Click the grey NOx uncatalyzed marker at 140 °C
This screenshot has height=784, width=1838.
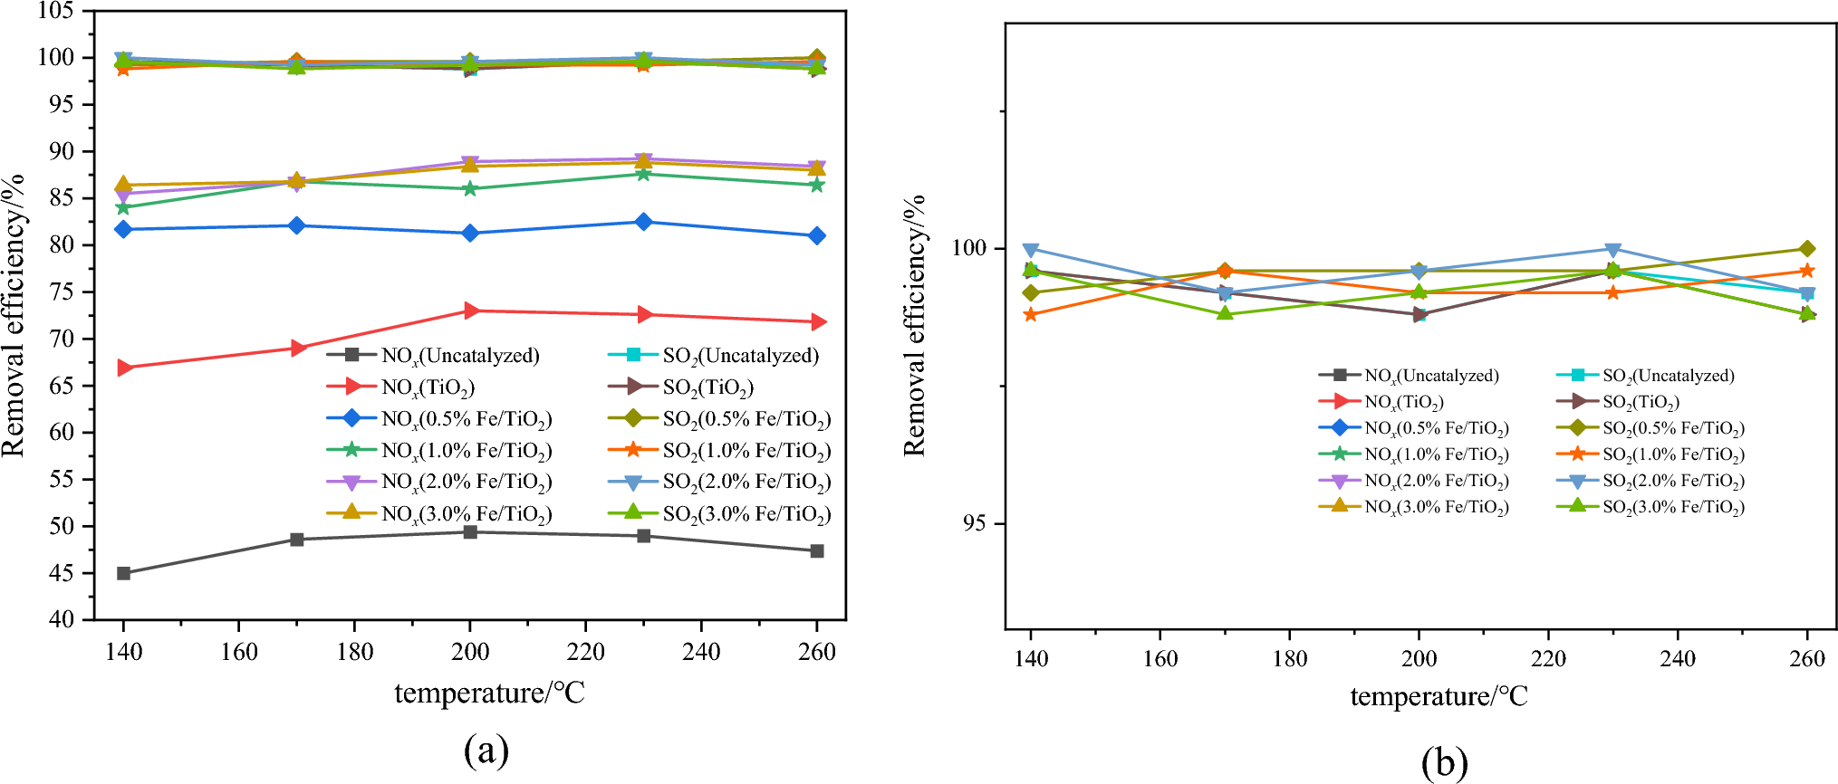[x=123, y=573]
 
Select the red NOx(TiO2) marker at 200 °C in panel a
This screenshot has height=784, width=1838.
[x=470, y=311]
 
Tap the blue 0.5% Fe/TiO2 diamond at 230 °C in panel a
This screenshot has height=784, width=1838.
[x=643, y=222]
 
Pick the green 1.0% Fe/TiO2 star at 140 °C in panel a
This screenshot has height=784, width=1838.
[x=123, y=207]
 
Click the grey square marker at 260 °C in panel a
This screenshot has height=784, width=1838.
[x=817, y=550]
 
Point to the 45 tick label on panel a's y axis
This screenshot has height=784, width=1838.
[x=63, y=573]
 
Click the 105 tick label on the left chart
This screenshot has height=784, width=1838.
[x=56, y=12]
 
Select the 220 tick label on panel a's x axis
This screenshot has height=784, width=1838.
[x=586, y=652]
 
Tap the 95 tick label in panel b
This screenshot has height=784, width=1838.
[x=975, y=524]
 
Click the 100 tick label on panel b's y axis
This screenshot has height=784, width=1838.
[x=968, y=248]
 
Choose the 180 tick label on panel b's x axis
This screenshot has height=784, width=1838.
[x=1289, y=658]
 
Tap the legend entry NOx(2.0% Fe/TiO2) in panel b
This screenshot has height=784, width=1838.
[x=1436, y=481]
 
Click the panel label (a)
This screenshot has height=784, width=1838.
[x=486, y=751]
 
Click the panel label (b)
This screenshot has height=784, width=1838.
[x=1444, y=762]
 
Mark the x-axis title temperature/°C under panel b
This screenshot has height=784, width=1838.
[x=1439, y=696]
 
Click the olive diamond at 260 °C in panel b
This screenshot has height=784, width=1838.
[x=1806, y=249]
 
